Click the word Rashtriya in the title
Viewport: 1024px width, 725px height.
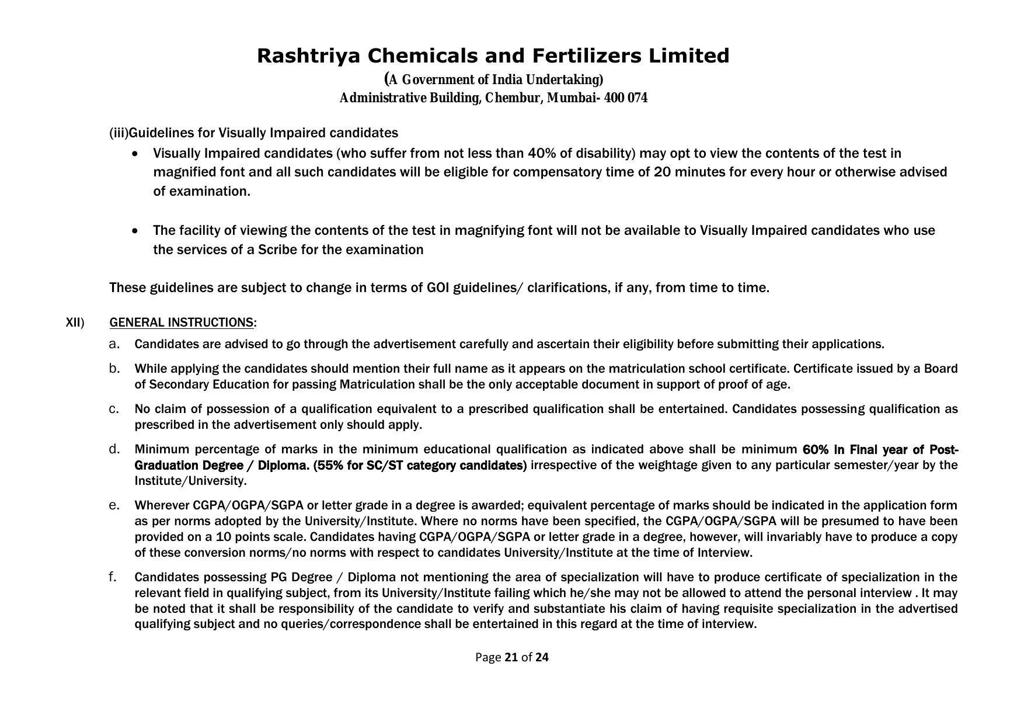click(x=310, y=56)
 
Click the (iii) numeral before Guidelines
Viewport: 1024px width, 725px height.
click(x=119, y=133)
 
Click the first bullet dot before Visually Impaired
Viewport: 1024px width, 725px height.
click(x=136, y=154)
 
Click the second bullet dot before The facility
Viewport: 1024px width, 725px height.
click(x=136, y=231)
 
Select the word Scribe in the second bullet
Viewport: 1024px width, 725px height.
click(x=278, y=250)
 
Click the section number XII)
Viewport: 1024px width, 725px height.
click(x=75, y=323)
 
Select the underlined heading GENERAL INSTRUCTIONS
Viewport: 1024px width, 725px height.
click(x=181, y=323)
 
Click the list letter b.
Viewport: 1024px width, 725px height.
click(x=114, y=369)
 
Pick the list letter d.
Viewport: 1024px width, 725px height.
click(x=114, y=449)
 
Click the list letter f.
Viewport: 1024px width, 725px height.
click(x=113, y=577)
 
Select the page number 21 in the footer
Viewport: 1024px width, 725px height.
click(x=511, y=658)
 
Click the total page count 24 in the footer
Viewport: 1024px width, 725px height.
click(x=542, y=658)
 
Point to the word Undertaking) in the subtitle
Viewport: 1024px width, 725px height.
click(x=565, y=80)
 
